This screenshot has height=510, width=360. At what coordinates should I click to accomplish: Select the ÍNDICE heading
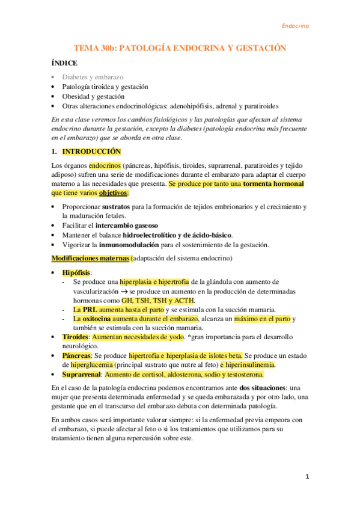click(x=64, y=63)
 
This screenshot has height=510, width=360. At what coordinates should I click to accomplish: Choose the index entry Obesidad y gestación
click(x=93, y=96)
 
